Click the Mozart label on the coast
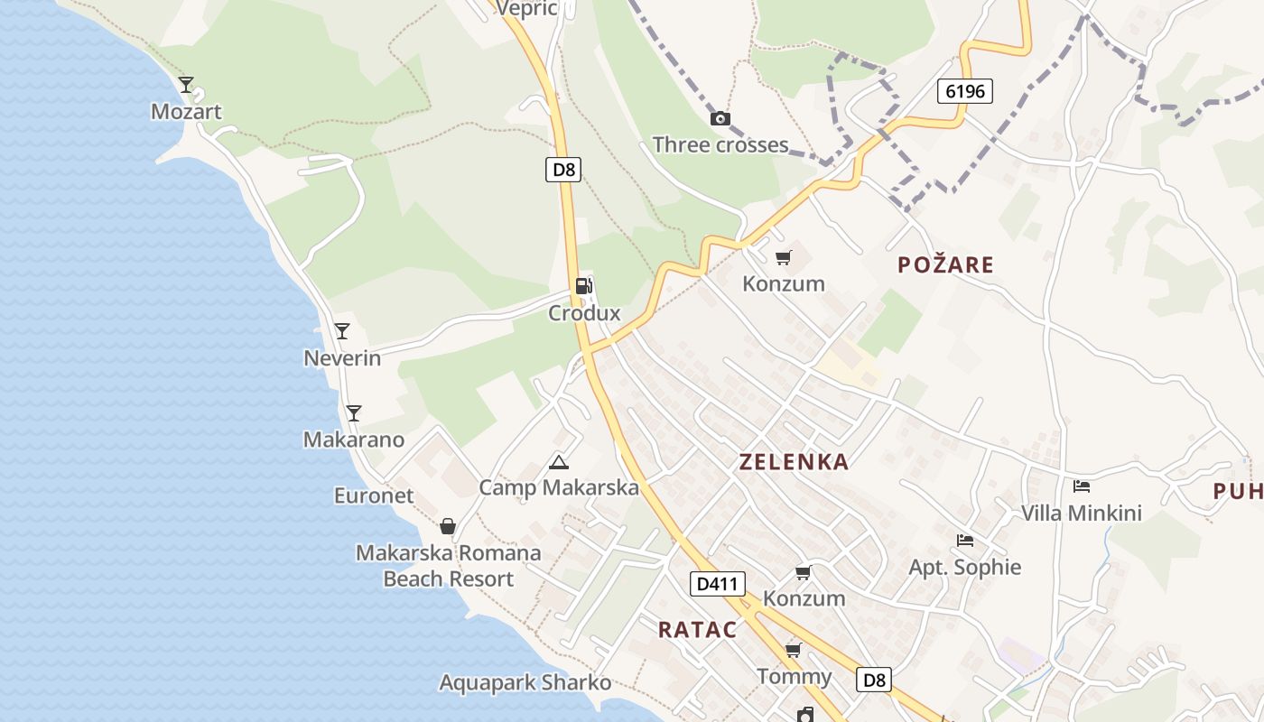coord(186,112)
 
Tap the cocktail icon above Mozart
coord(186,85)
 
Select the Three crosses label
coord(720,144)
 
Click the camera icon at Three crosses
coord(720,118)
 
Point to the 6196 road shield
coord(965,90)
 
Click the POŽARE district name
coord(945,264)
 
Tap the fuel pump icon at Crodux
coord(584,286)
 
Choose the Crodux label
coord(584,313)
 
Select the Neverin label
coord(342,358)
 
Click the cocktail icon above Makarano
coord(353,413)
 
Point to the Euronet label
coord(374,495)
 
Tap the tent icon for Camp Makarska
coord(559,463)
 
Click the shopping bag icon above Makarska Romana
coord(447,526)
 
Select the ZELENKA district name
coord(794,462)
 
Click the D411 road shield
coord(719,584)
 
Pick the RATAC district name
coord(697,630)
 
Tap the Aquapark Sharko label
coord(525,682)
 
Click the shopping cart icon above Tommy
coord(794,650)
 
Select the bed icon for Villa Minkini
coord(1082,486)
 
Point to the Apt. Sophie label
coord(964,567)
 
